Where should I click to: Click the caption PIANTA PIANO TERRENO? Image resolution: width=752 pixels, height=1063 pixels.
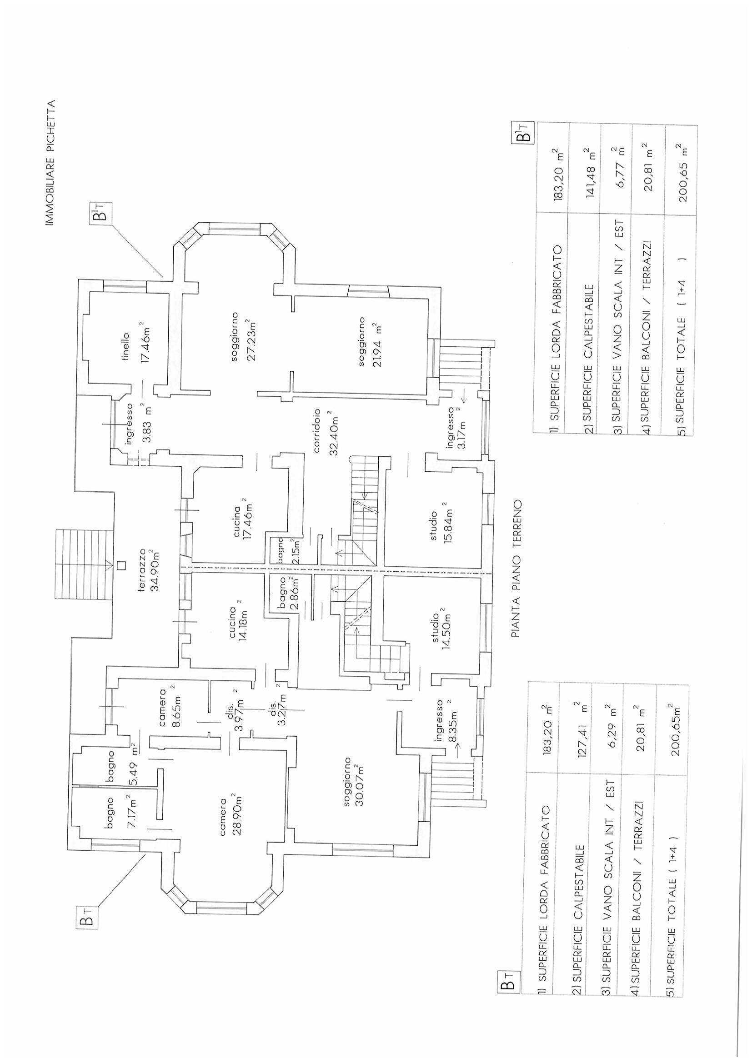click(x=517, y=568)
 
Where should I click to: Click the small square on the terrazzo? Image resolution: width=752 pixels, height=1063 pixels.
click(x=121, y=565)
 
